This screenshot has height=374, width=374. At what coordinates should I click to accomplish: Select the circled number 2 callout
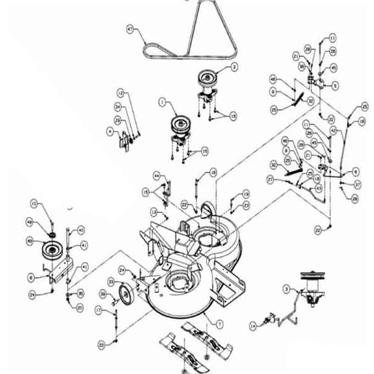[x=233, y=67]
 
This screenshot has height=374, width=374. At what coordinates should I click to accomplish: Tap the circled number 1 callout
[x=162, y=101]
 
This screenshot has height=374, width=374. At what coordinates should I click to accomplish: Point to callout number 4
[x=110, y=132]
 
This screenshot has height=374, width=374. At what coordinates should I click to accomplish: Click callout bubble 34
[x=118, y=107]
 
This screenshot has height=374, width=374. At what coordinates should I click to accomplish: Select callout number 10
[x=34, y=203]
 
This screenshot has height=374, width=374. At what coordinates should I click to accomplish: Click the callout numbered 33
[x=111, y=282]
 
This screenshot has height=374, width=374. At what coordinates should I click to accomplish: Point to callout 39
[x=102, y=294]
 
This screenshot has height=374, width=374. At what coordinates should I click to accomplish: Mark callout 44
[x=157, y=175]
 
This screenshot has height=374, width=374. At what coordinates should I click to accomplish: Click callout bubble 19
[x=246, y=194]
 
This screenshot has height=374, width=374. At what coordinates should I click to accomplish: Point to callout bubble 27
[x=270, y=179]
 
